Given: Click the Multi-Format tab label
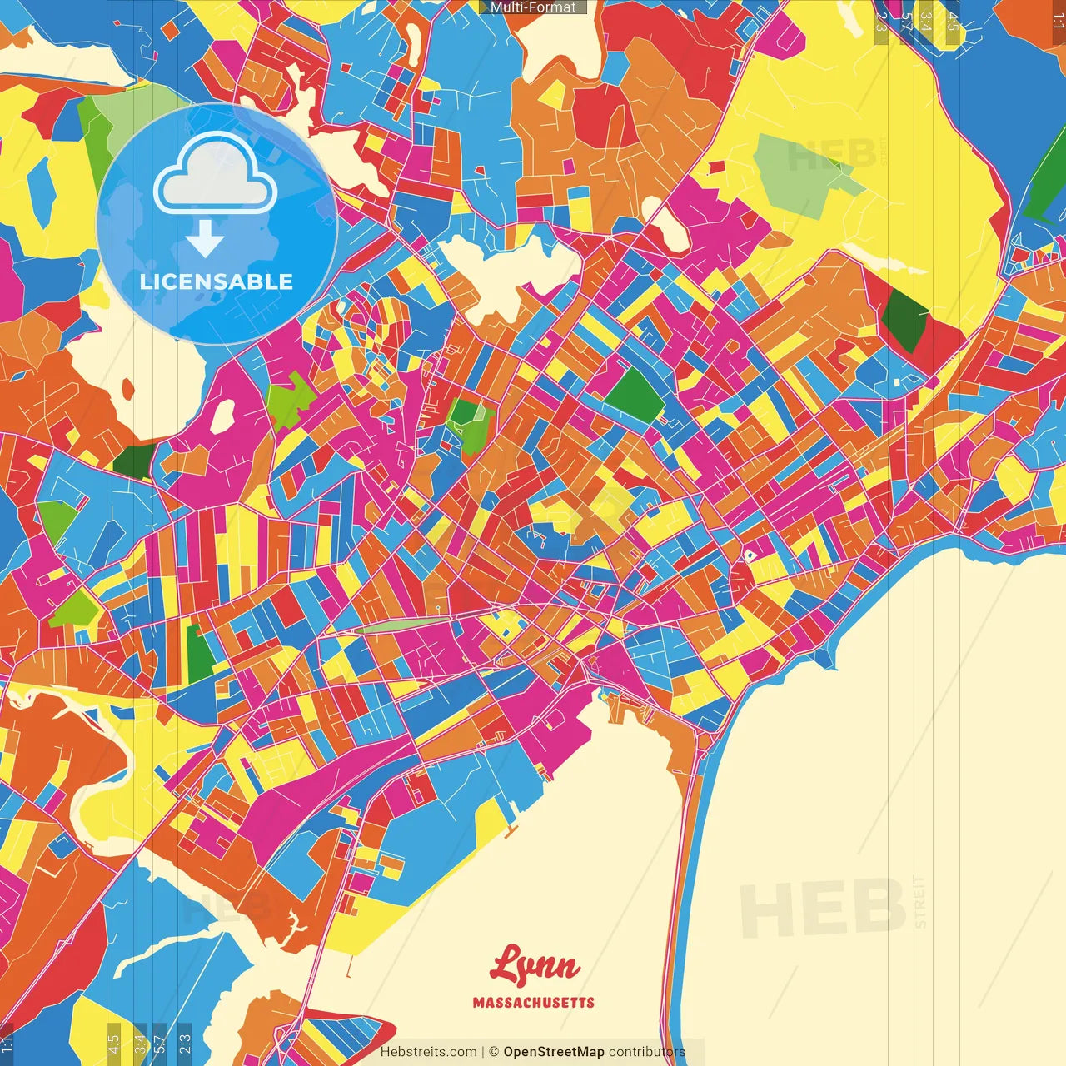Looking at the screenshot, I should point(533,7).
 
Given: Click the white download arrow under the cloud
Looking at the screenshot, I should point(205,240).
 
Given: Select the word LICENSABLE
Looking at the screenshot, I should point(217,281).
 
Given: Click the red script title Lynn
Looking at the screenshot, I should point(535,966).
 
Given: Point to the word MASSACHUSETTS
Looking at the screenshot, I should point(534,1003).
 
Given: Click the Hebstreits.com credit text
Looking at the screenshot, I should point(428,1052).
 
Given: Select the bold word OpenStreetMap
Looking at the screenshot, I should point(553,1052).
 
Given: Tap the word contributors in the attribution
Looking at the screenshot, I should point(647,1052).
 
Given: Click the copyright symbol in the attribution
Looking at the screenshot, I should point(493,1052).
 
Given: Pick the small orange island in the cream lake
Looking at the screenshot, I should point(127,389).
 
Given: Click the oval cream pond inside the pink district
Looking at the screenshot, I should point(222,416).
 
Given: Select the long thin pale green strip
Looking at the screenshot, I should point(400,625).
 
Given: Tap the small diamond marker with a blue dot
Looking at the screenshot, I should point(750,555).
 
